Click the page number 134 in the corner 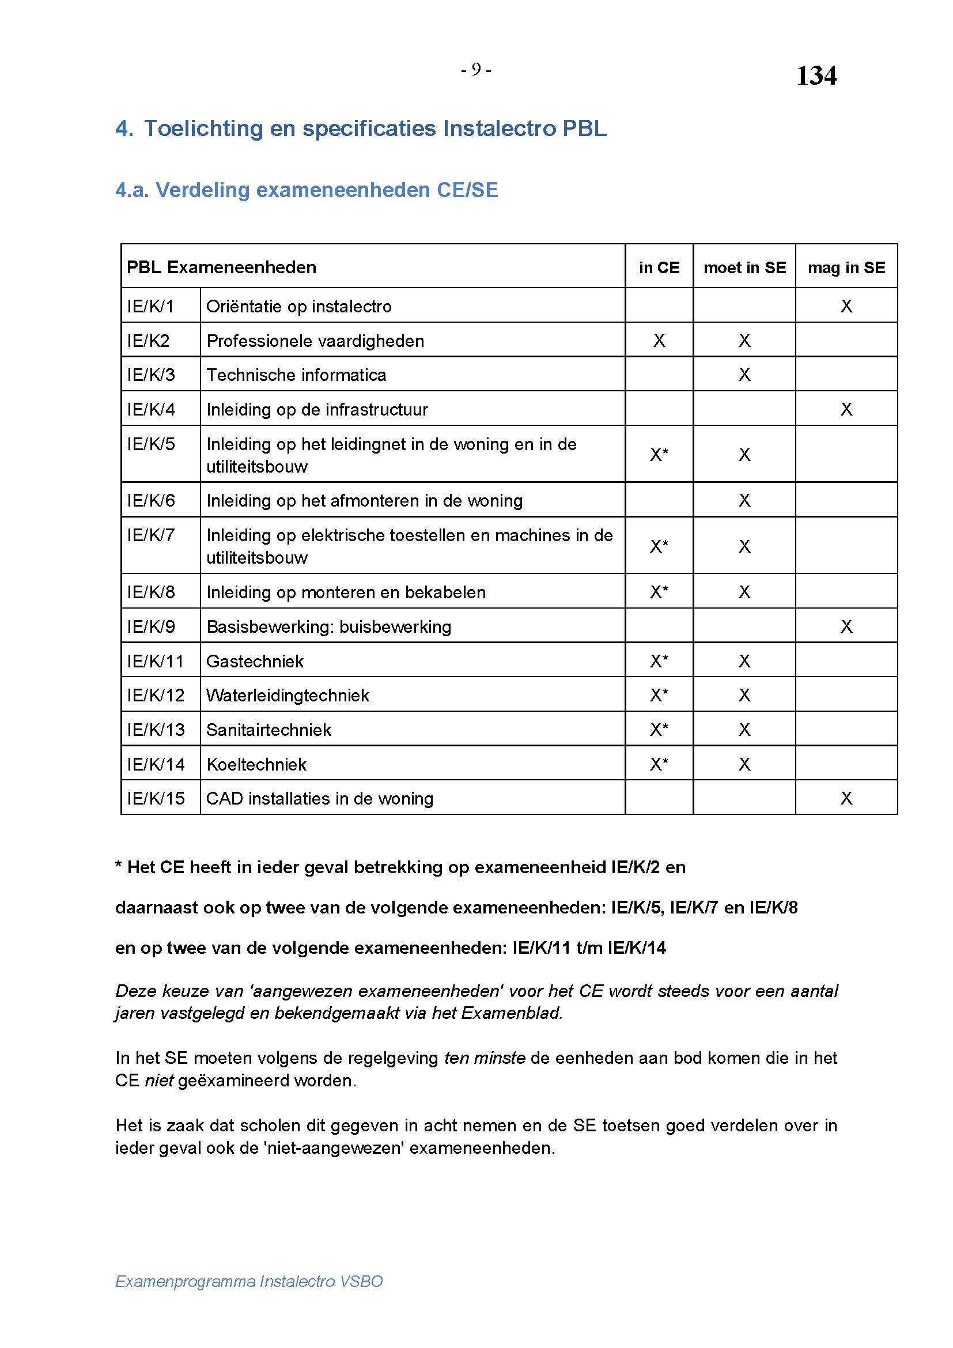pos(816,75)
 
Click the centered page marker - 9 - pos(476,70)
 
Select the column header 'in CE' pos(659,268)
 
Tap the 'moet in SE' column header pos(744,268)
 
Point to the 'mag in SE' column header pos(846,268)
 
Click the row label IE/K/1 pos(150,306)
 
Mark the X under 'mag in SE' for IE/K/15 pos(846,798)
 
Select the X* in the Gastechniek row pos(659,661)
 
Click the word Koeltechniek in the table pos(256,764)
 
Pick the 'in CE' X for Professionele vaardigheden pos(659,341)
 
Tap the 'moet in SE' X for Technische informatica pos(744,375)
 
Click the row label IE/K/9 pos(151,626)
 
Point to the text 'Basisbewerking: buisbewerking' pos(328,626)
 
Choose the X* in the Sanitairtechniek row pos(659,730)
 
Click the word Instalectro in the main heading pos(500,128)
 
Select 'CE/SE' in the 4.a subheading pos(467,190)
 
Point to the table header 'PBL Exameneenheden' pos(221,268)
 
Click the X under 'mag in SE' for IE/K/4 pos(846,409)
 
